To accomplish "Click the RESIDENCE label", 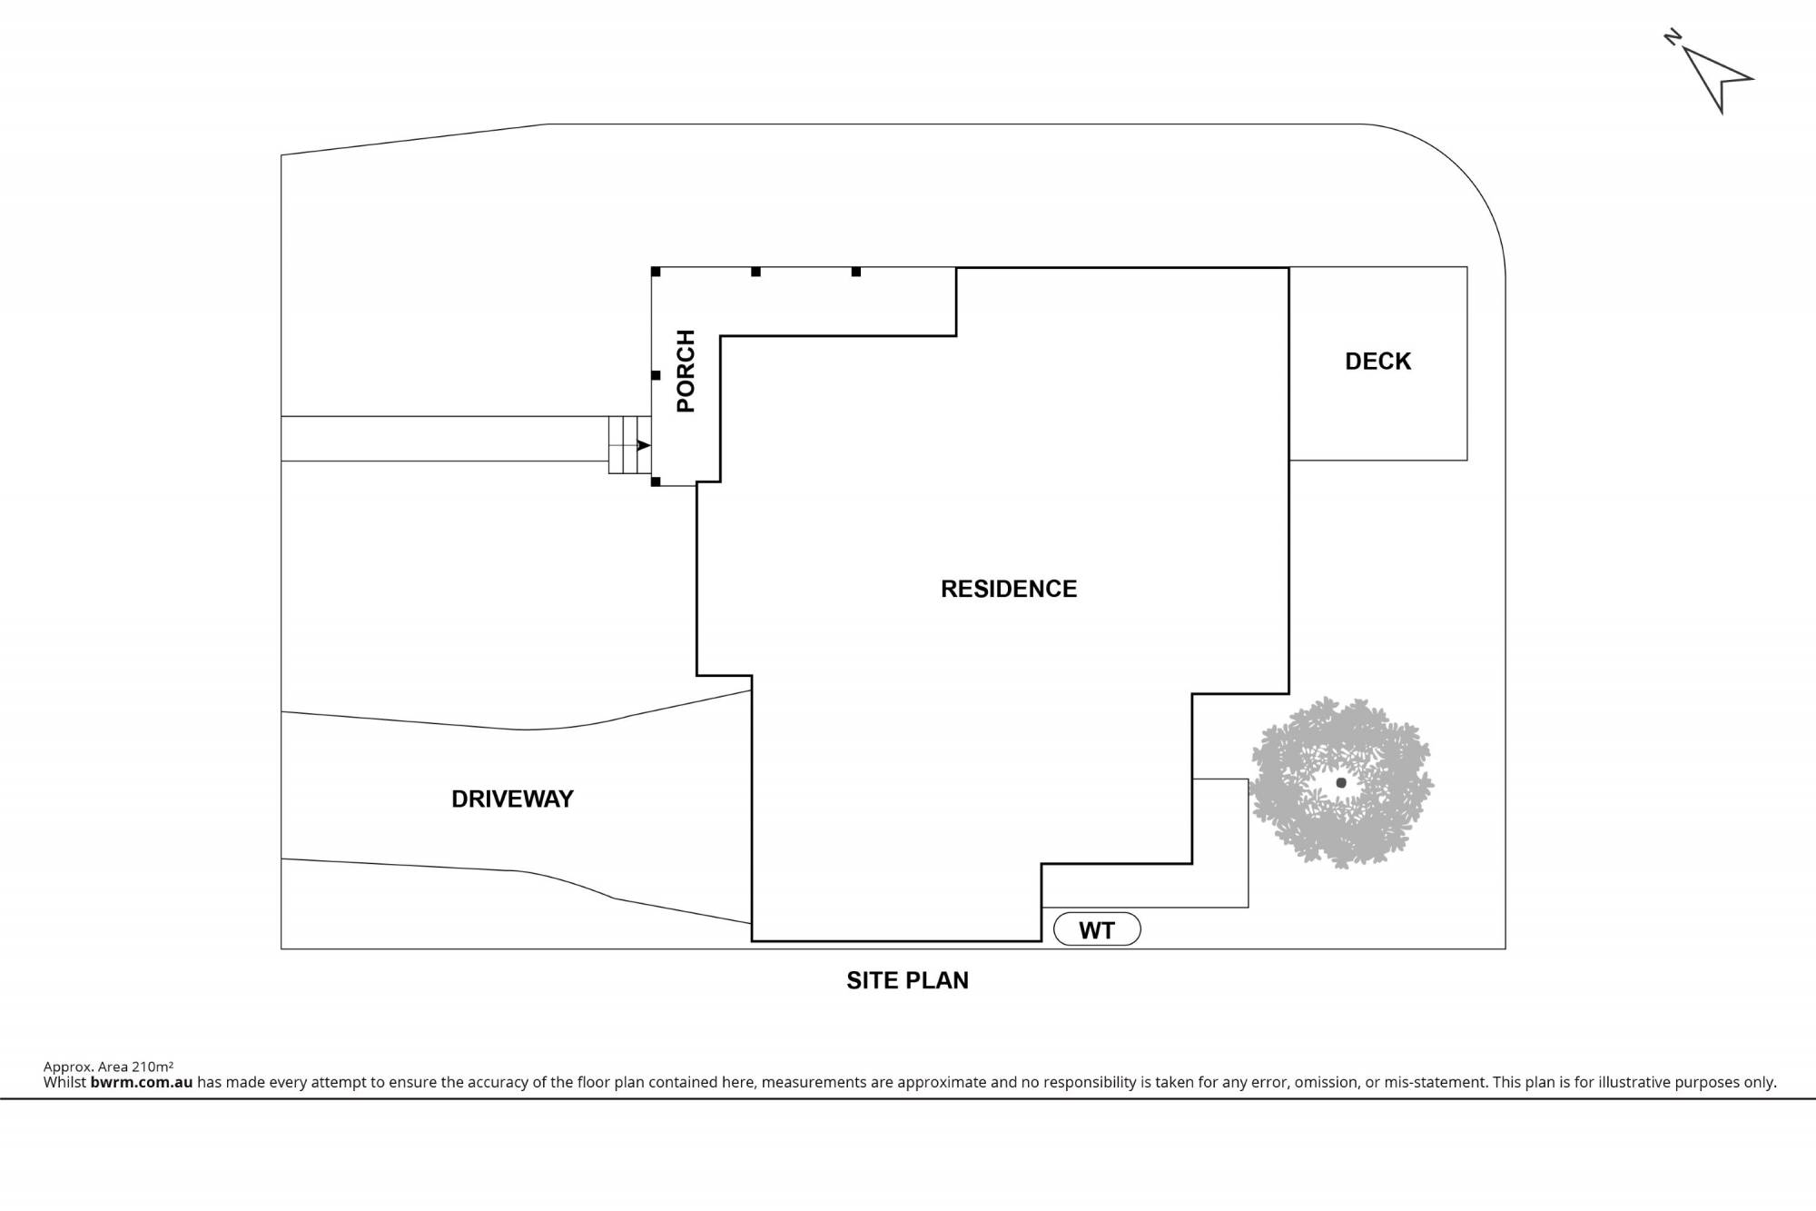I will (x=1008, y=589).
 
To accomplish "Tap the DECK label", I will (x=1377, y=362).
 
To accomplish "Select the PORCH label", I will (x=686, y=371).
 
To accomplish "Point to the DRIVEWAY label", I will (x=512, y=799).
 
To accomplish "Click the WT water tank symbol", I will (x=1097, y=929).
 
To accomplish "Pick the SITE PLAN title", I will (x=907, y=980).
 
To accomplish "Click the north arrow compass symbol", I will (x=1716, y=78).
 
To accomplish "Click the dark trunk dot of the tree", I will (x=1341, y=782).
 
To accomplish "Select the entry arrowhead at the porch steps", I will (x=643, y=445).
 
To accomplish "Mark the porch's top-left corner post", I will (x=656, y=272).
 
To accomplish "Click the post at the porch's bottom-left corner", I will (x=656, y=481).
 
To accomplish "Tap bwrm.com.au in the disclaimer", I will (x=142, y=1082).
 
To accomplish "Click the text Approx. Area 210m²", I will (x=108, y=1067).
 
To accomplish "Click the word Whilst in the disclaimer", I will (x=64, y=1082).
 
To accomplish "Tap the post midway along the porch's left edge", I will (x=656, y=375).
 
